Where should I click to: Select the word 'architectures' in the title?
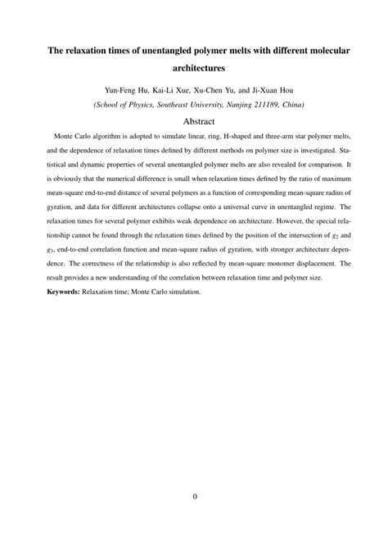[x=194, y=71]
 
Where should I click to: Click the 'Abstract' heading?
[x=194, y=120]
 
